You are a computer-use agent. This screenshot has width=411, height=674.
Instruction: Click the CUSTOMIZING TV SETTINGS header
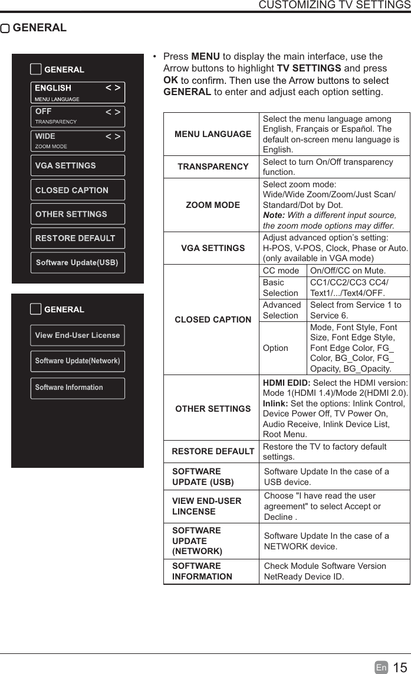(334, 5)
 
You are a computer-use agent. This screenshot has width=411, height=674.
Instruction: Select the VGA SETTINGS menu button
(77, 165)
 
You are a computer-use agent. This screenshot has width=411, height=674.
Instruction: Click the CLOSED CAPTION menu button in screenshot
(77, 190)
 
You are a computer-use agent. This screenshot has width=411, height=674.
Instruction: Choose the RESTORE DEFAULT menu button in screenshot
(77, 238)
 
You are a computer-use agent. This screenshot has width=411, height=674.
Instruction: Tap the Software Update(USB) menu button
(77, 262)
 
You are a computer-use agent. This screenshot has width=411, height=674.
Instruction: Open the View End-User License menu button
(77, 336)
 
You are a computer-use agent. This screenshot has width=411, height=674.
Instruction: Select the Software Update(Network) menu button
(77, 361)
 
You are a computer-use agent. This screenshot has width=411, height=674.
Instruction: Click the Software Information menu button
(77, 388)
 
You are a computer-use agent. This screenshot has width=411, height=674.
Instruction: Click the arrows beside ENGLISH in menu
(113, 88)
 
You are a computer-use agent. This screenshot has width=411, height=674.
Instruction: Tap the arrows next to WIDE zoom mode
(113, 136)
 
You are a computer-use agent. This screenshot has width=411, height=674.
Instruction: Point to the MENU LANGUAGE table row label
(213, 134)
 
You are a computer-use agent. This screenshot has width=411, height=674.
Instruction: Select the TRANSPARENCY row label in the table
(213, 167)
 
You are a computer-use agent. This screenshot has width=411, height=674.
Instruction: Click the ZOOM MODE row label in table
(213, 205)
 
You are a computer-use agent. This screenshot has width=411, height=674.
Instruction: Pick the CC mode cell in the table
(281, 271)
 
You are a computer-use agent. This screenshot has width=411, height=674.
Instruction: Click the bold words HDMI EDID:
(285, 383)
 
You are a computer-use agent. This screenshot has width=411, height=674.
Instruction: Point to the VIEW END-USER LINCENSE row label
(206, 506)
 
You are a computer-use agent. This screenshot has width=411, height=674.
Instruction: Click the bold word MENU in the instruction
(205, 57)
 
